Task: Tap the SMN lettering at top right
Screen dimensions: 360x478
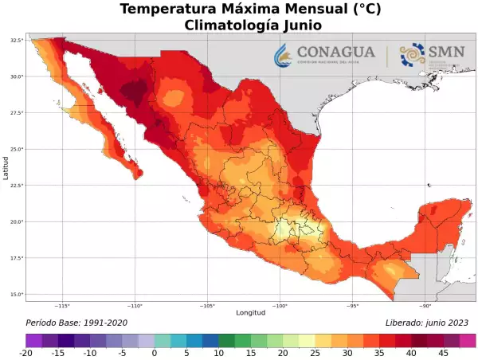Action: pyautogui.click(x=446, y=51)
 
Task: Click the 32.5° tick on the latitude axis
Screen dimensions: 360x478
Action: pyautogui.click(x=16, y=40)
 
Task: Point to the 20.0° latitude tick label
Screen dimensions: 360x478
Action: pyautogui.click(x=16, y=221)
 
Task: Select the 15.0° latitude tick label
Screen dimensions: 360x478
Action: pyautogui.click(x=16, y=295)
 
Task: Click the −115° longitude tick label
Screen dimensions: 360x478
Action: pyautogui.click(x=62, y=306)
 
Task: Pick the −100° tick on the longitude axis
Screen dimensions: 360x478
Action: pyautogui.click(x=280, y=306)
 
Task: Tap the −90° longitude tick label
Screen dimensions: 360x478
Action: pyautogui.click(x=425, y=306)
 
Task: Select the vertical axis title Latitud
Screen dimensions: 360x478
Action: pyautogui.click(x=6, y=167)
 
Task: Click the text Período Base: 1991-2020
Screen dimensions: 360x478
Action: pyautogui.click(x=76, y=323)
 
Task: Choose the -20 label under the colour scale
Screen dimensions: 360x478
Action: pyautogui.click(x=26, y=353)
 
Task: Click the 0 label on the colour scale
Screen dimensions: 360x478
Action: pyautogui.click(x=154, y=353)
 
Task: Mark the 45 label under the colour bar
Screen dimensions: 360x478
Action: pyautogui.click(x=444, y=353)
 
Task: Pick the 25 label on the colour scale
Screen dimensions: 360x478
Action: pyautogui.click(x=315, y=353)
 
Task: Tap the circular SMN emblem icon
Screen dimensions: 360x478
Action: pyautogui.click(x=412, y=55)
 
